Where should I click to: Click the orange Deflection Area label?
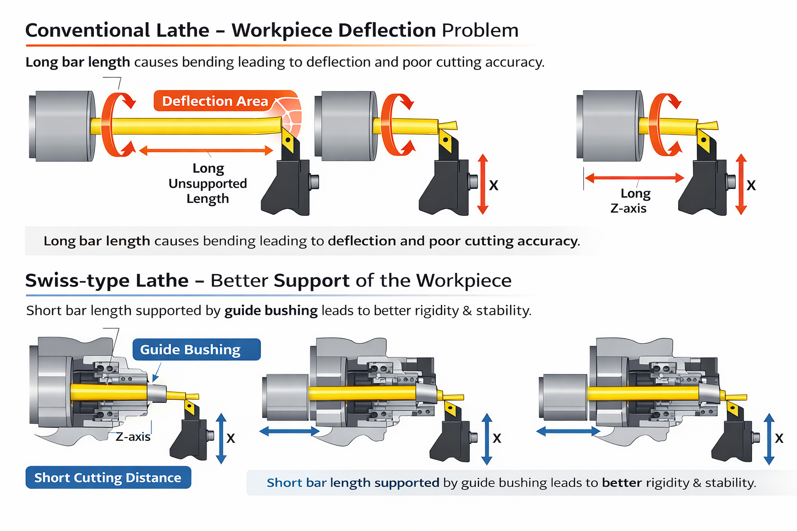click(x=215, y=101)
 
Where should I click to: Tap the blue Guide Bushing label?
click(x=196, y=350)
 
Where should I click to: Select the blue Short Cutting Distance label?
click(x=108, y=478)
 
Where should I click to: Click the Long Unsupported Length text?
click(x=208, y=184)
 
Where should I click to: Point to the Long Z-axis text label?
click(x=629, y=201)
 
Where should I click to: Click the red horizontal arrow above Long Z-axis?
click(x=635, y=178)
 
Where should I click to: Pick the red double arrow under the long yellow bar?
click(x=206, y=151)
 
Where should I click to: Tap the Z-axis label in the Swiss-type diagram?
click(x=133, y=437)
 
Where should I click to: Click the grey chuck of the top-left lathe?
click(x=62, y=126)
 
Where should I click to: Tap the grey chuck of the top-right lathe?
click(x=610, y=125)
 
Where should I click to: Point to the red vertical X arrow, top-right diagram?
click(x=741, y=184)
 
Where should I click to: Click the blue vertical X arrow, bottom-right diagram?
click(x=769, y=439)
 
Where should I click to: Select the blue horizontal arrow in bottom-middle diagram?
click(x=290, y=431)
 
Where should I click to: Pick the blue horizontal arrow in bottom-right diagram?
click(x=568, y=431)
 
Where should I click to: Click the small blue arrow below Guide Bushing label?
click(x=156, y=373)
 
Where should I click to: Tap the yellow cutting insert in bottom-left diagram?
click(x=189, y=408)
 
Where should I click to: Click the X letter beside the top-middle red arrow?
click(x=493, y=185)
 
